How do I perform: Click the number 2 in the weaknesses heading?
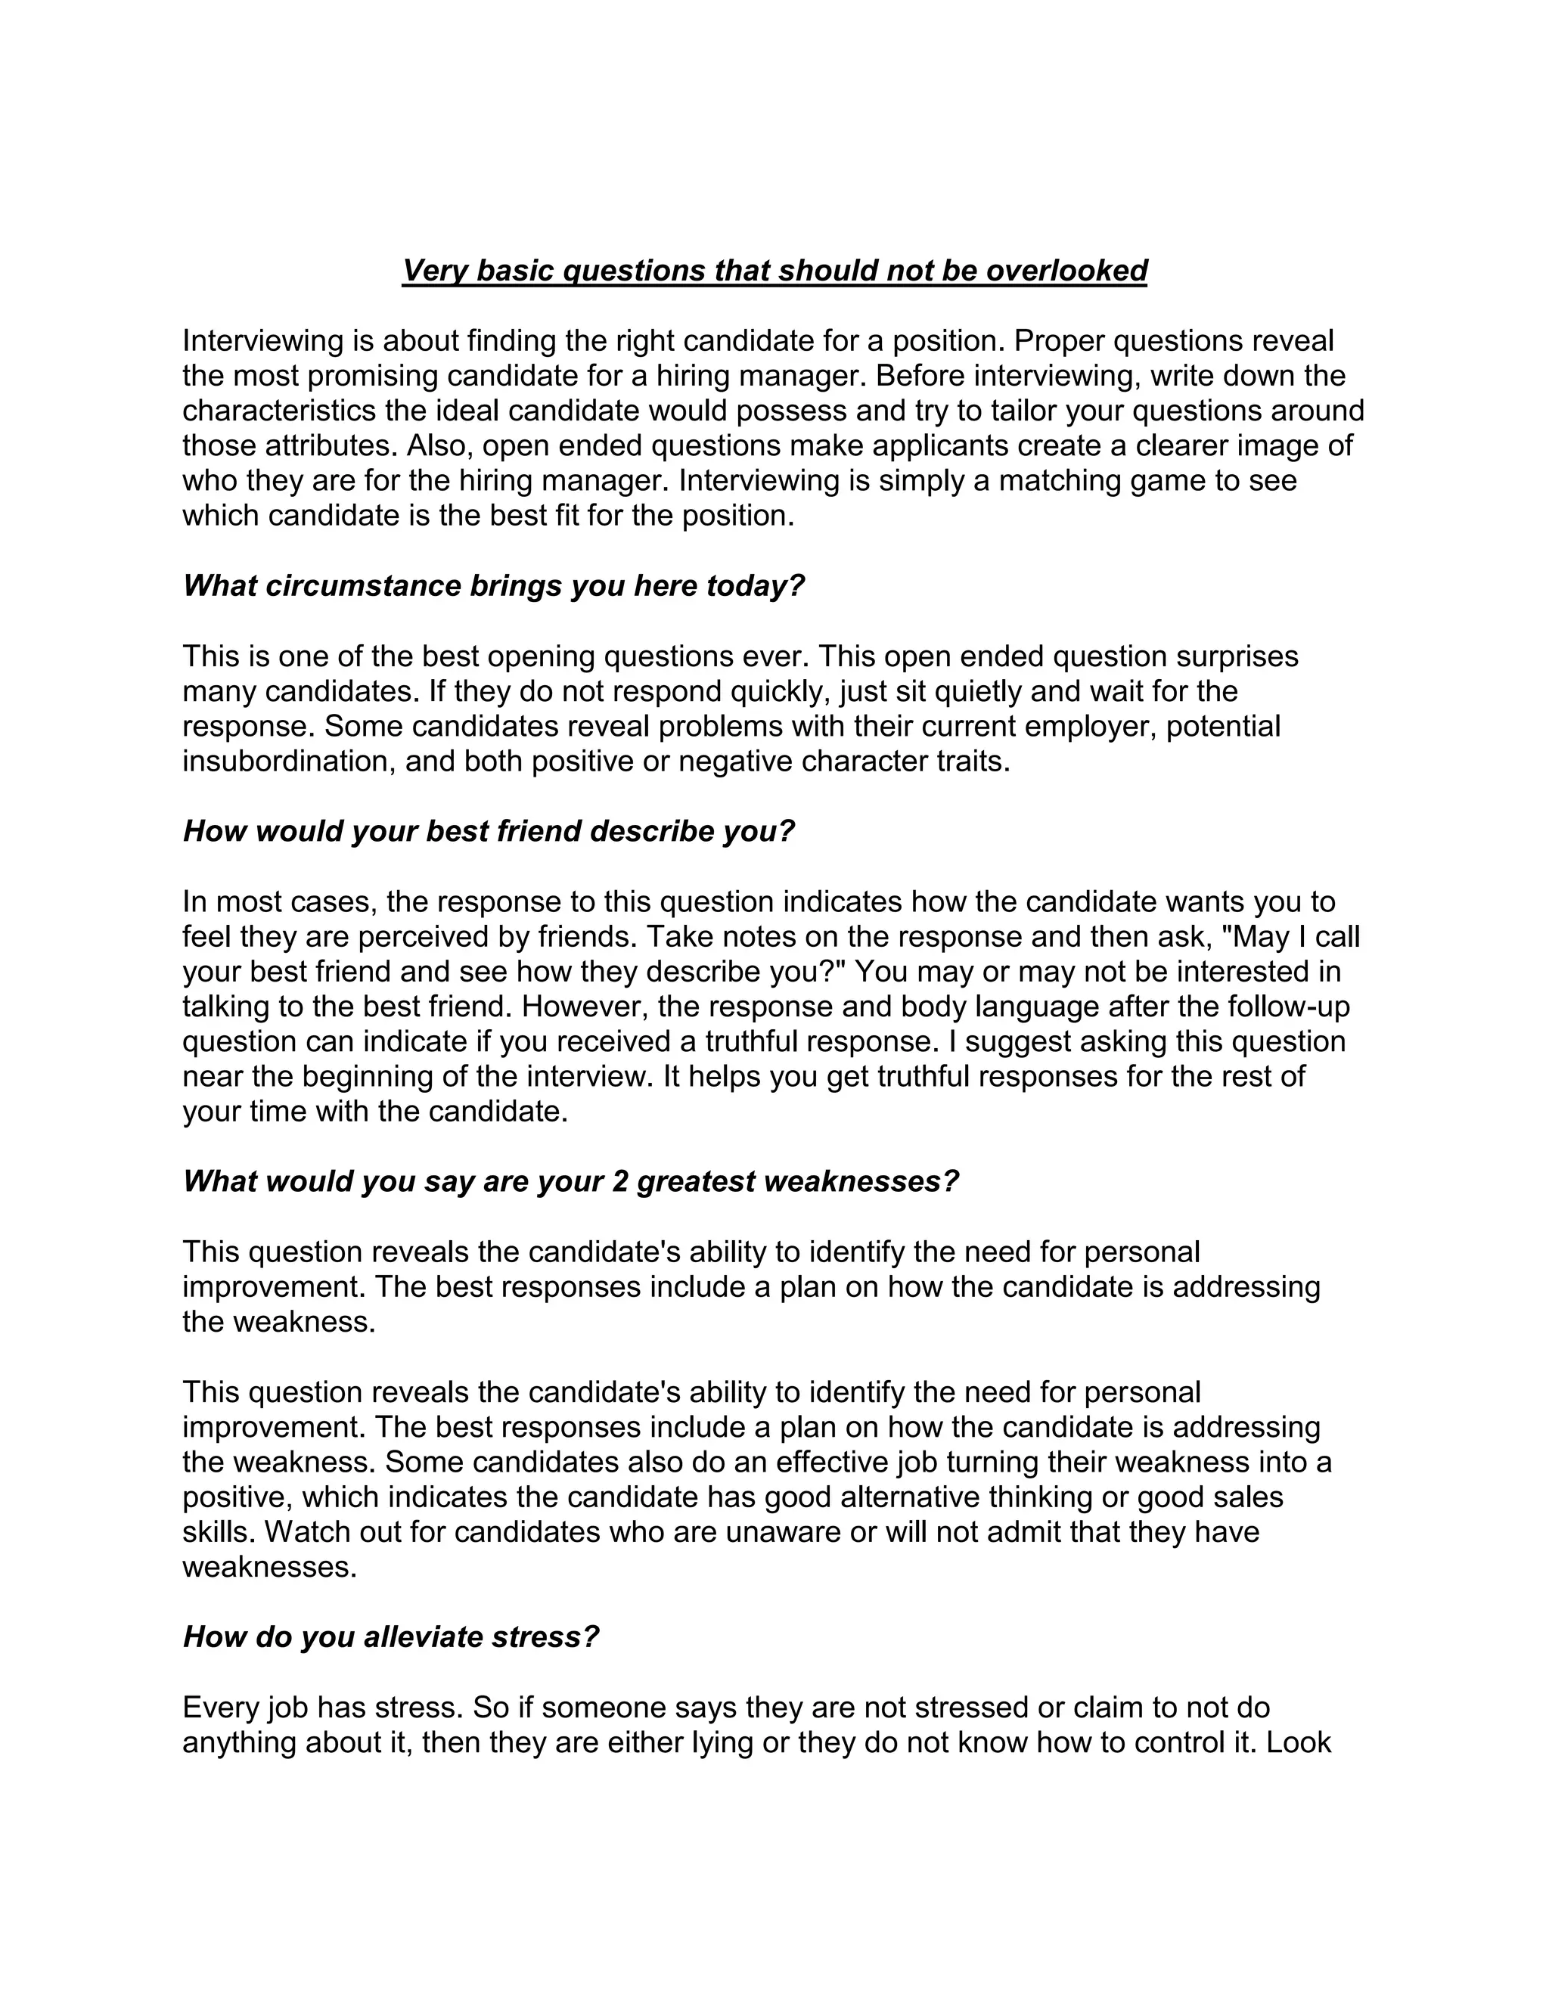coord(619,1182)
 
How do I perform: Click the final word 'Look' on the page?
coord(1299,1742)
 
